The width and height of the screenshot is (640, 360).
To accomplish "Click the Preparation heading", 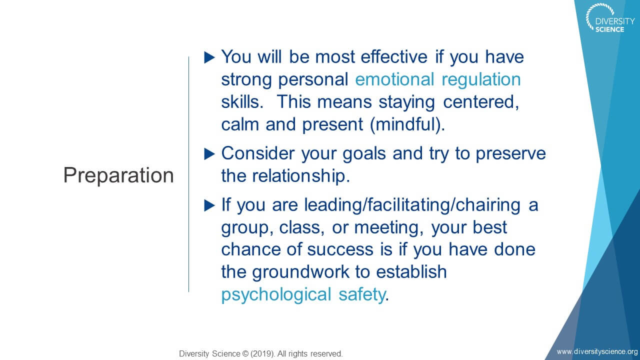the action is click(118, 175).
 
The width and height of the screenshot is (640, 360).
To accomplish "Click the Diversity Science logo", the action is click(609, 18).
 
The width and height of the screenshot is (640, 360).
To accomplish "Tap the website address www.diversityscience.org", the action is click(597, 351).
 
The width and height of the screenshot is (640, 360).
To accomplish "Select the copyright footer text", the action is click(261, 353).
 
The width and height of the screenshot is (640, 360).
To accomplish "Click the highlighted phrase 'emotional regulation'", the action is click(438, 79).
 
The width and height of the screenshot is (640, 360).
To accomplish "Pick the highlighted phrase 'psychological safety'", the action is click(303, 295).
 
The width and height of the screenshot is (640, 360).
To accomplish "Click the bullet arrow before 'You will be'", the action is click(209, 57).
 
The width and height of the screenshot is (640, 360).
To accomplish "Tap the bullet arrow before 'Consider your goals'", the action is click(209, 154).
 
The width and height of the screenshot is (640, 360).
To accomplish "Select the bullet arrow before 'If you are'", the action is click(209, 205).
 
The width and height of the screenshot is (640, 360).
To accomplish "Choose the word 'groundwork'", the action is click(301, 272).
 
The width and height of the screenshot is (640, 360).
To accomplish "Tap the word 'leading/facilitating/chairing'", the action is click(412, 205).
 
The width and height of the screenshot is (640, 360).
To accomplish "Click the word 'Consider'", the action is click(258, 153).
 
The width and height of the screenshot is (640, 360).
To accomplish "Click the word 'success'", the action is click(340, 249).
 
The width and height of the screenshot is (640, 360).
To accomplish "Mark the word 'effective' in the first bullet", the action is click(394, 56).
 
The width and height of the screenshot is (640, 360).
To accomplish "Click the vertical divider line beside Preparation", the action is click(188, 174).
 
